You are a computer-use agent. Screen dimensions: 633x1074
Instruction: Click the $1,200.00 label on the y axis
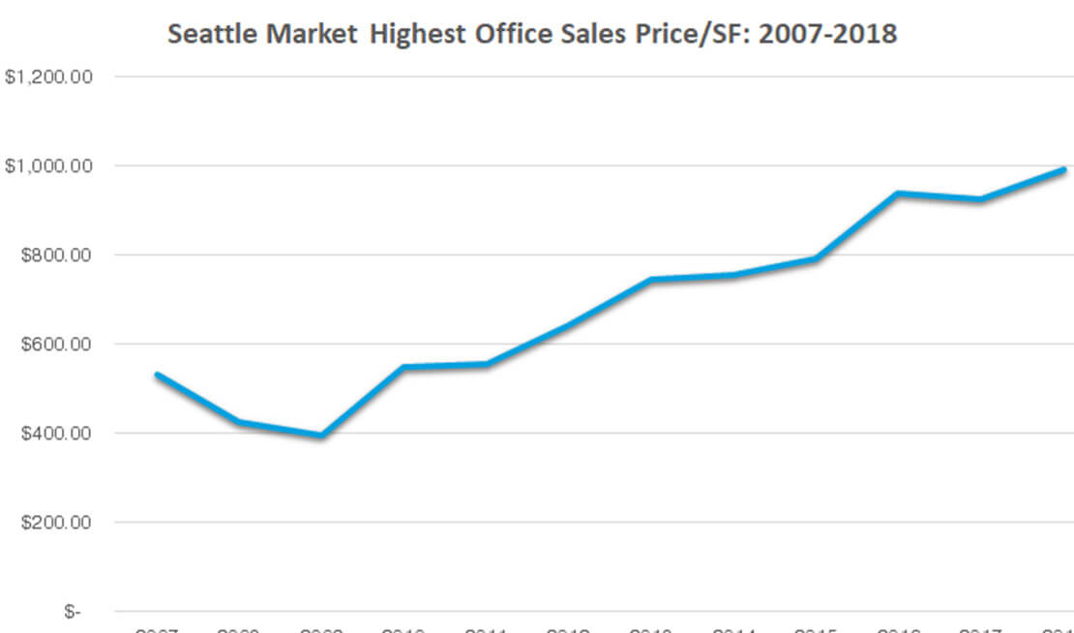[x=48, y=76]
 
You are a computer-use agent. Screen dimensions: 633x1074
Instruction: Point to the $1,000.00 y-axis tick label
[x=48, y=166]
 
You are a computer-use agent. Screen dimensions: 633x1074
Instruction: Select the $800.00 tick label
[x=54, y=256]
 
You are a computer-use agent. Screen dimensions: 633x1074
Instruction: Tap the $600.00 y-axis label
[x=54, y=345]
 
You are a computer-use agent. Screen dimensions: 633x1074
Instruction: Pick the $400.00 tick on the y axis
[x=54, y=434]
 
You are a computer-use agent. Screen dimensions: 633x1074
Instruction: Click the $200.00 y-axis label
[x=54, y=523]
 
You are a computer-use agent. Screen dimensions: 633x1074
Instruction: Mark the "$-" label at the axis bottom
[x=73, y=612]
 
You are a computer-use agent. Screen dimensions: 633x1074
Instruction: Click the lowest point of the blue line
[x=320, y=436]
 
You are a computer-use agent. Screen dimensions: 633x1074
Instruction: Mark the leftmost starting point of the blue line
[x=157, y=374]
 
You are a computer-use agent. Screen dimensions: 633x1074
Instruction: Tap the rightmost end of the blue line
[x=1063, y=169]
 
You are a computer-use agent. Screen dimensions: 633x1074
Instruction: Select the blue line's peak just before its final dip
[x=898, y=194]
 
